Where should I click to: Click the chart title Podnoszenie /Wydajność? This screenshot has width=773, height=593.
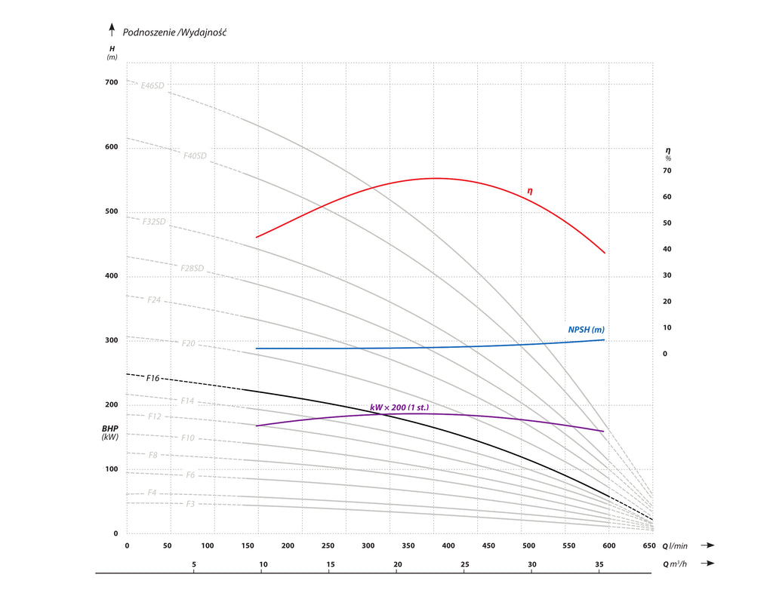(x=175, y=32)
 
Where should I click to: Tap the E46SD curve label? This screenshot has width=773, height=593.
(x=152, y=86)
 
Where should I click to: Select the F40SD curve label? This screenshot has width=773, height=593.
(x=195, y=155)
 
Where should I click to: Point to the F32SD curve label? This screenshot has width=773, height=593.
(x=153, y=222)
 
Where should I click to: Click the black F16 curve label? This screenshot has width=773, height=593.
(x=152, y=377)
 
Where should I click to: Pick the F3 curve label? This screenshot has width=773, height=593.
(x=190, y=503)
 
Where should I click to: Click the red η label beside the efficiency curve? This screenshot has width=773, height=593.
(x=530, y=192)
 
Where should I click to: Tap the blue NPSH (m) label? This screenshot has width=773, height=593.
(x=586, y=330)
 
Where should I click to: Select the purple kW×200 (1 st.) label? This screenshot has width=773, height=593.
(x=399, y=407)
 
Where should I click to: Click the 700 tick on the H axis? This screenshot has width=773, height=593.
(x=111, y=82)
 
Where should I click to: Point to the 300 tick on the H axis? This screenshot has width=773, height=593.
(x=111, y=340)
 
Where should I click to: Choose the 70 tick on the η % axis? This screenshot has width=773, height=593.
(x=667, y=171)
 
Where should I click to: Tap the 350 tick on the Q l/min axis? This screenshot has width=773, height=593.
(x=408, y=545)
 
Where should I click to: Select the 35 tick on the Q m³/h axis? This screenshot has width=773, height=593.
(x=600, y=565)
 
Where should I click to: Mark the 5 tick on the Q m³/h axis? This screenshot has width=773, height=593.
(x=194, y=565)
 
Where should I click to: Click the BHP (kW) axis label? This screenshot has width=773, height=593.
(x=109, y=432)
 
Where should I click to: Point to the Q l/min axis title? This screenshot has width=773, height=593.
(x=676, y=545)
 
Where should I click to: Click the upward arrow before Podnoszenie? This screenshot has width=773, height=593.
(x=112, y=30)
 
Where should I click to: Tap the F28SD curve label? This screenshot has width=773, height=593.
(x=192, y=268)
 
